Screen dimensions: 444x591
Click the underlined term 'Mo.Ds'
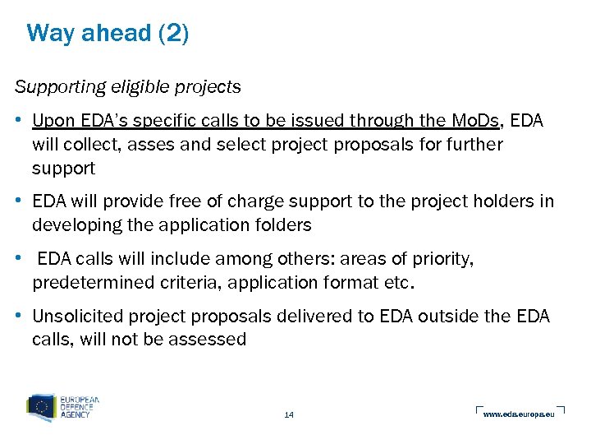[x=476, y=121]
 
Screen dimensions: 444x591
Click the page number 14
[x=288, y=414]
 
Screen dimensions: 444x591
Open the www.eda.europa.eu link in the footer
[x=519, y=414]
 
